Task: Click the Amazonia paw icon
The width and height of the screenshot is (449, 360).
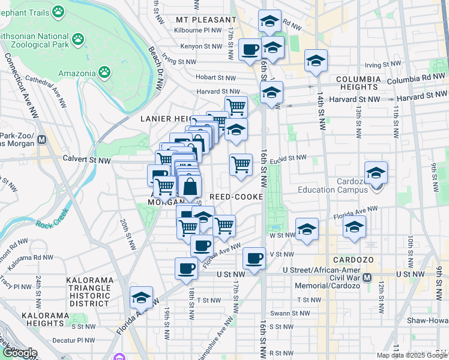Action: pos(104,73)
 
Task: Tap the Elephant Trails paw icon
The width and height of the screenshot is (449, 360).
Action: pos(58,11)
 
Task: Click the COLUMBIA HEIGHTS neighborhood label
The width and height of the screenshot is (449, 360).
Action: pos(358,84)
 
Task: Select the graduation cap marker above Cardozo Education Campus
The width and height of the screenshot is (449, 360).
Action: pos(376,173)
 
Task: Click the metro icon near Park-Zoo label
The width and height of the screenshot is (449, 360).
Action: pos(42,140)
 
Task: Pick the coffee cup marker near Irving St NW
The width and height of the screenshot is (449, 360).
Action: pos(250,49)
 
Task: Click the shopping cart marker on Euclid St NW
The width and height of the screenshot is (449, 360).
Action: pos(241,163)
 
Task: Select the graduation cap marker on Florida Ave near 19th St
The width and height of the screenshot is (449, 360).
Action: pos(142,297)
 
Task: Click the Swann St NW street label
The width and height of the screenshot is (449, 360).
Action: pos(291,313)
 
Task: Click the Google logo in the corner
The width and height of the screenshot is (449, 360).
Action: pos(19,353)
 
